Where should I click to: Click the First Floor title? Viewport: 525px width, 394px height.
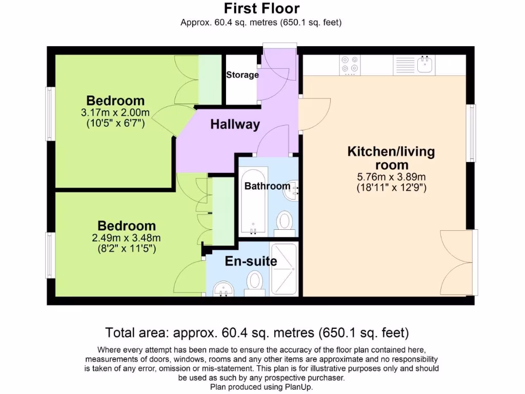point(261,9)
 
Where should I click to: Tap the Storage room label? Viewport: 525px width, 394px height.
point(243,75)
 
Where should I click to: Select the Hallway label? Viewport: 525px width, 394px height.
point(235,124)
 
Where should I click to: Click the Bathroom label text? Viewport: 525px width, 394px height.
point(267,186)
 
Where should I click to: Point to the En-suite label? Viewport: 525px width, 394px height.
point(251,261)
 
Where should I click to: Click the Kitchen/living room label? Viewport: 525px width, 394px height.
point(391,158)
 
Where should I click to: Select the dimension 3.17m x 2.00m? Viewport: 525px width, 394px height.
point(115,113)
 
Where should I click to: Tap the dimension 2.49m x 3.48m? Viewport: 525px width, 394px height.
point(127,238)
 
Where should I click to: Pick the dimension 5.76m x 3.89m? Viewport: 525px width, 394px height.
point(391,177)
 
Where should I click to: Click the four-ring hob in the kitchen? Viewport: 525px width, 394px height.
point(350,65)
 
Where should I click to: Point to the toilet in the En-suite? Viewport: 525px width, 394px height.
point(255,282)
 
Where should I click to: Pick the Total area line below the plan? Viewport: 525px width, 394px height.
point(257,332)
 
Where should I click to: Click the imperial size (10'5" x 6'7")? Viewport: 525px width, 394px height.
point(115,123)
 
